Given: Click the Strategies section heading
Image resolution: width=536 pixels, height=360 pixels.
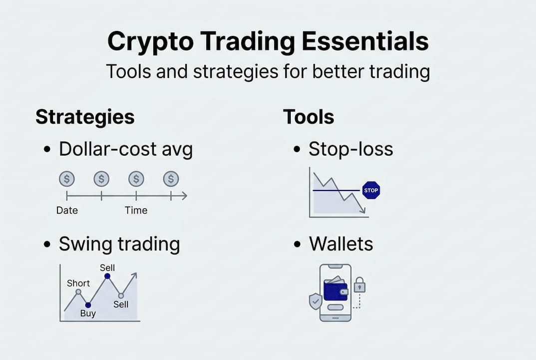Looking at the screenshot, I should click(85, 117).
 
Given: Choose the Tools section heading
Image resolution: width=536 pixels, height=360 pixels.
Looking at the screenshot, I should click(308, 117).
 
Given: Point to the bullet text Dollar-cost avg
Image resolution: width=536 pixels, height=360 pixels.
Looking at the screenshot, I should click(125, 149).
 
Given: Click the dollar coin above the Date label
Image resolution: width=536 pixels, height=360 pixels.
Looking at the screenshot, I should click(66, 178).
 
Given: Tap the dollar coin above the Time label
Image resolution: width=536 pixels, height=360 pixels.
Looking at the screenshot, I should click(136, 178).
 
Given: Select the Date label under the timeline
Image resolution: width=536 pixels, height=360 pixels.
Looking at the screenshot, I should click(67, 210).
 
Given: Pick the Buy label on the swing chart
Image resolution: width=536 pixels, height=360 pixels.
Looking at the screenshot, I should click(88, 314).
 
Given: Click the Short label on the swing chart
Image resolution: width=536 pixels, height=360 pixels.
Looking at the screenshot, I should click(78, 283).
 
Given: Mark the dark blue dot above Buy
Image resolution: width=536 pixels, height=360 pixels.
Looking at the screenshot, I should click(88, 304).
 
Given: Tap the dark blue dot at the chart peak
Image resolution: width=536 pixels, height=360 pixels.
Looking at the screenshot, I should click(107, 276).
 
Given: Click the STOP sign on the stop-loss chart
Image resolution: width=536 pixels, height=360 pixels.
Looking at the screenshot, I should click(371, 190).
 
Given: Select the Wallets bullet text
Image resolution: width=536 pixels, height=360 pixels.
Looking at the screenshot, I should click(341, 244).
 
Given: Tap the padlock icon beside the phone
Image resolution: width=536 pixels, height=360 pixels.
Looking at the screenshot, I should click(360, 285).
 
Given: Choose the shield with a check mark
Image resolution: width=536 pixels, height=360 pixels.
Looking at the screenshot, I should click(315, 301).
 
